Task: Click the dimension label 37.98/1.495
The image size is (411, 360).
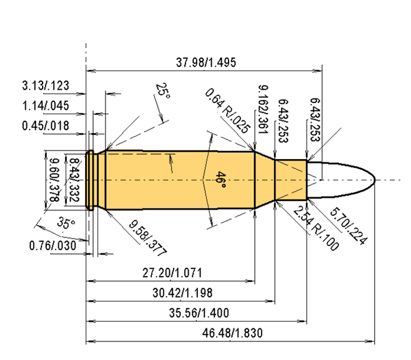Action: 206,63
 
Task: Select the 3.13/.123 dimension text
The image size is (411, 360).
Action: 46,85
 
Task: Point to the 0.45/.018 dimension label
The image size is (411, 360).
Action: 46,126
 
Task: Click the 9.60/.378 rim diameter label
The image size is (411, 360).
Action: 52,180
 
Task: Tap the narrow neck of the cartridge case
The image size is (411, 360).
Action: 291,180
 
